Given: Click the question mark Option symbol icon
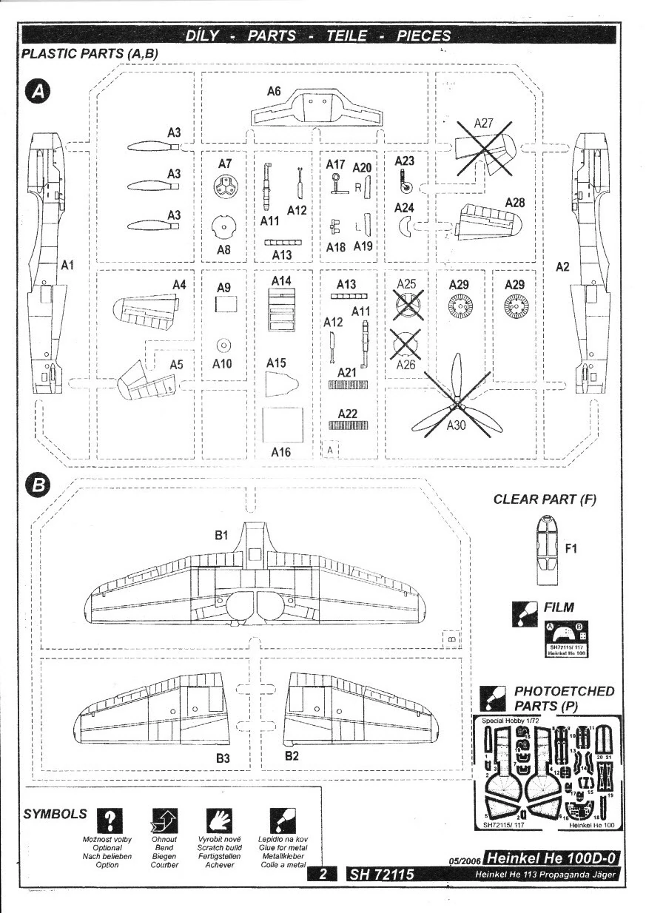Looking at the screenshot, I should coord(110,819).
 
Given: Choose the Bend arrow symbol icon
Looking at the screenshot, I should coord(164,819).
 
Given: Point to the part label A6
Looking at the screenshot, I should coord(274,92).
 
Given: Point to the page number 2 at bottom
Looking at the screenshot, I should coord(323,875).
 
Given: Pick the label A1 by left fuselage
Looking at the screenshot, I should coord(67,264).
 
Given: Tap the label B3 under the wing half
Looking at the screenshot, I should coord(223,758).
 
